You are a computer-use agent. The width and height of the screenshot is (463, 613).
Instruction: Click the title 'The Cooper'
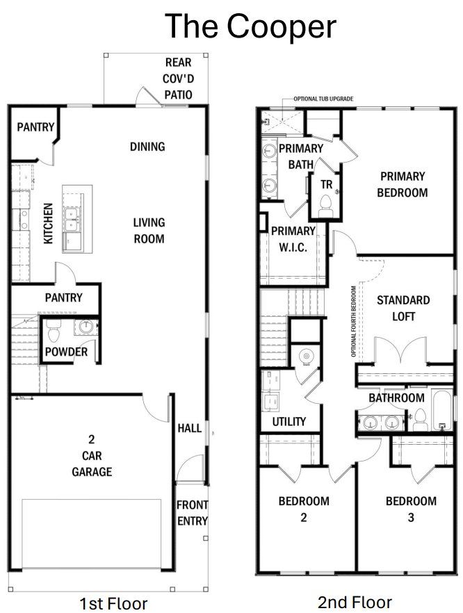point(250,26)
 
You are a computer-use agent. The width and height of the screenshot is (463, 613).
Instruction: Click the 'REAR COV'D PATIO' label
point(178,79)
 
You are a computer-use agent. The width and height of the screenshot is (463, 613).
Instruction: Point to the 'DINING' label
point(147,147)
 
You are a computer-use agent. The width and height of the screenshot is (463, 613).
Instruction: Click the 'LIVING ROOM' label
point(149,231)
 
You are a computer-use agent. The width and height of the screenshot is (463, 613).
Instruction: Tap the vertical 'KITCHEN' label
point(49,223)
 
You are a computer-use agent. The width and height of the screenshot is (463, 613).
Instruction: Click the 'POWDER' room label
point(66,352)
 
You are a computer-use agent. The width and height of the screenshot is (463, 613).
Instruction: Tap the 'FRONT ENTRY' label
point(191,513)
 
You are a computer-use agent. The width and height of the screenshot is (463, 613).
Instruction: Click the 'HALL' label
point(189,428)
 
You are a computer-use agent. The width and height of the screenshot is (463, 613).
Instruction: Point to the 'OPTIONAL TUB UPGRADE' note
point(323,99)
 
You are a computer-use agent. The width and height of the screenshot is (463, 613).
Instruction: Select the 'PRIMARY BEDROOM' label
point(402,184)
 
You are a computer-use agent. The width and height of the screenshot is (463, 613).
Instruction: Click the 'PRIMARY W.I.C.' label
point(293,239)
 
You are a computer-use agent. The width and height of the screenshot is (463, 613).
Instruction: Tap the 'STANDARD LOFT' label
point(403,308)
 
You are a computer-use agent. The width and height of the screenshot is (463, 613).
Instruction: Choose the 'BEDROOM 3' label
point(411,509)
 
